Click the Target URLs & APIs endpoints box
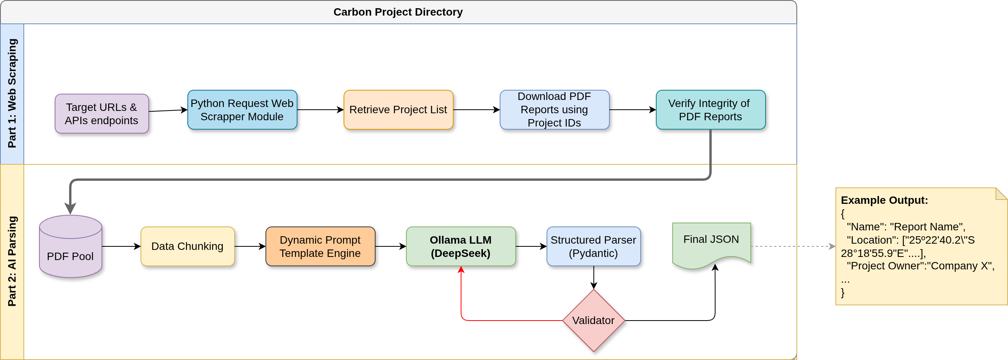tap(102, 114)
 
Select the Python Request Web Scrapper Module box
tap(242, 110)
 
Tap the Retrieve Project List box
tap(398, 110)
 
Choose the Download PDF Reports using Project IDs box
tap(554, 110)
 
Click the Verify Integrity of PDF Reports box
tap(711, 110)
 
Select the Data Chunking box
tap(187, 246)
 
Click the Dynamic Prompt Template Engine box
tap(320, 246)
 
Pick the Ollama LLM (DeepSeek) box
tap(461, 246)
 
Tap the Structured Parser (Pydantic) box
tap(593, 246)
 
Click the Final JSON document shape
tap(711, 242)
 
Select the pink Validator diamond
tap(593, 321)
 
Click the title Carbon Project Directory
tap(398, 12)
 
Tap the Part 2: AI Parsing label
tap(12, 261)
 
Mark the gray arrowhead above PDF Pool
tap(70, 209)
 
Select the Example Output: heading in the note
tap(884, 200)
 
